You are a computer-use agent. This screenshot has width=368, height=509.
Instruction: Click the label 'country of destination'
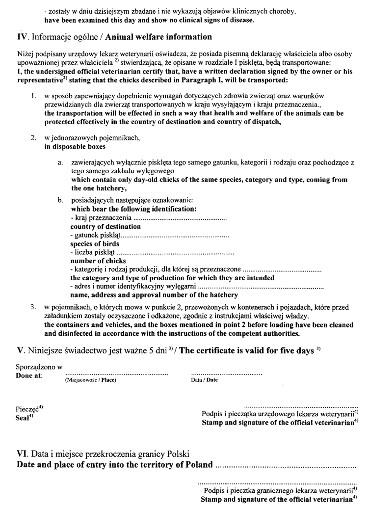click(x=105, y=227)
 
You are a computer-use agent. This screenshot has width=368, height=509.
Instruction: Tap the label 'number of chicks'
click(x=98, y=261)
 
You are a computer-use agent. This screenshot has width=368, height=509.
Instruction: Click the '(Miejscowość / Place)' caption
click(x=91, y=379)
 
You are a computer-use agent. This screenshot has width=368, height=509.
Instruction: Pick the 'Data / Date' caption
click(x=204, y=379)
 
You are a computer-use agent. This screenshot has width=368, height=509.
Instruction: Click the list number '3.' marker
click(x=34, y=306)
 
